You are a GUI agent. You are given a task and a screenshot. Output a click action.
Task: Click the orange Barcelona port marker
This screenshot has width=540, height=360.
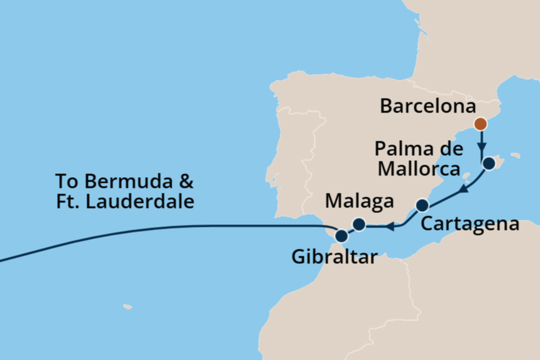tap(480, 124)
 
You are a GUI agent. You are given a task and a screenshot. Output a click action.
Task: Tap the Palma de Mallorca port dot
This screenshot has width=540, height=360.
tap(489, 165)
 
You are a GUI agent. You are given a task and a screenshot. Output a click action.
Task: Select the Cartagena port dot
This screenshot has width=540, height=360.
tap(422, 205)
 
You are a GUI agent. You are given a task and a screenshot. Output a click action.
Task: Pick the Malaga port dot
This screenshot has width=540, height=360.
tap(358, 224)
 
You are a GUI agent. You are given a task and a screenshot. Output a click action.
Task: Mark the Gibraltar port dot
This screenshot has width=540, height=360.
tap(341, 236)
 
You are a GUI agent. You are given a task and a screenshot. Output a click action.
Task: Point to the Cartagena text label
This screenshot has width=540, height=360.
tap(470, 224)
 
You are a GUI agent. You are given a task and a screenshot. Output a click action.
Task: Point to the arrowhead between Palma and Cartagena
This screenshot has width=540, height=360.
tap(461, 188)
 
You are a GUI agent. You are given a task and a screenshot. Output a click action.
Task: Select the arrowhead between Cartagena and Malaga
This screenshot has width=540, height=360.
tap(390, 226)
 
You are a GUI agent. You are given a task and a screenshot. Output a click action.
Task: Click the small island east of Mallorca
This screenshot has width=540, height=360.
tap(515, 155)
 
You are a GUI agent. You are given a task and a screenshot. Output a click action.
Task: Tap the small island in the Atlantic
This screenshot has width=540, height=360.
tap(128, 307)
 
